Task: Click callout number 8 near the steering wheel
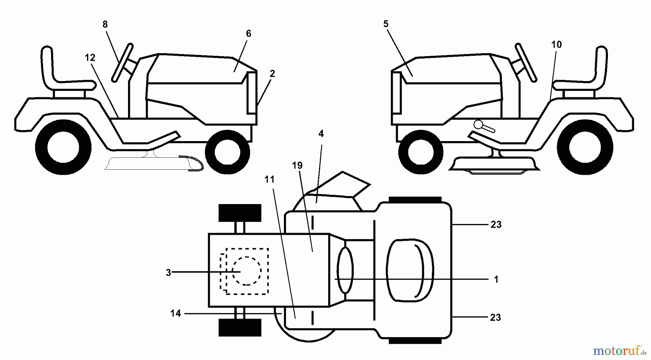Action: (105, 25)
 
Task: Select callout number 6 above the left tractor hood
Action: (248, 34)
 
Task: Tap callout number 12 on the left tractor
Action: (90, 58)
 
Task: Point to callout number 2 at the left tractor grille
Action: (272, 74)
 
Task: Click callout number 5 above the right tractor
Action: (386, 24)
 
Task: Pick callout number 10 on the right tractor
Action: (556, 45)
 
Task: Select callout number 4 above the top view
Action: (321, 134)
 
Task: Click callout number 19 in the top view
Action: (297, 166)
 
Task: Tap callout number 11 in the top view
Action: (269, 179)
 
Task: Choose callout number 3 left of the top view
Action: (168, 273)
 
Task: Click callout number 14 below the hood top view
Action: (175, 313)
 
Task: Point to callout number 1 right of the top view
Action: (496, 280)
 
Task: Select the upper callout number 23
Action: (496, 225)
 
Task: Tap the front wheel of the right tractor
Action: (421, 152)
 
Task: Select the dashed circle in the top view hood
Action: (246, 271)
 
